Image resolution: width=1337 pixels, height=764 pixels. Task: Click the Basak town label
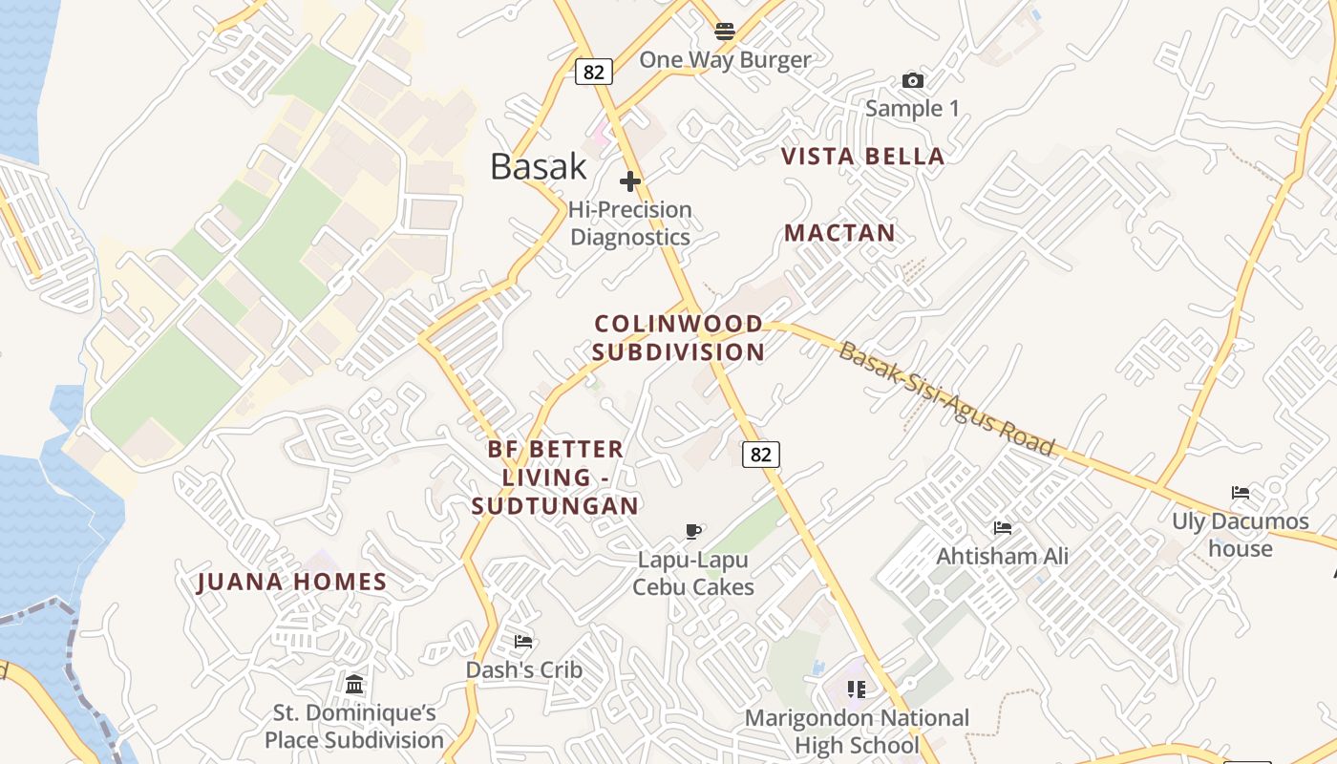point(539,166)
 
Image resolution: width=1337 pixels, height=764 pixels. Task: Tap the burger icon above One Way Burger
point(725,32)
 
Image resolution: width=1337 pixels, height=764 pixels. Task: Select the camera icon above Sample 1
point(913,81)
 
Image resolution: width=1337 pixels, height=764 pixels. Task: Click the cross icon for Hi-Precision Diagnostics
point(630,181)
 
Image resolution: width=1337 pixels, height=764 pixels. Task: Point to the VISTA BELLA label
point(863,157)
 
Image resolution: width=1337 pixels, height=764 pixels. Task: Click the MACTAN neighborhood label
point(840,233)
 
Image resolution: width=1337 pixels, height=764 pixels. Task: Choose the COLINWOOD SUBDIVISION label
point(678,338)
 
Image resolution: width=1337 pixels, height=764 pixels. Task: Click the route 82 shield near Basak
point(593,72)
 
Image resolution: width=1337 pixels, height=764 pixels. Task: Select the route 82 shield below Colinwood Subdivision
point(761,455)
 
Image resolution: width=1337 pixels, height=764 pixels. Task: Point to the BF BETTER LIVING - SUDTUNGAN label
point(555,477)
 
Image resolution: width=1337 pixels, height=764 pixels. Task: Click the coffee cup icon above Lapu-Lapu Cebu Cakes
point(693,532)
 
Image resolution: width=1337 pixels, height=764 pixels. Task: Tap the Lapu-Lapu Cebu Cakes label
point(693,573)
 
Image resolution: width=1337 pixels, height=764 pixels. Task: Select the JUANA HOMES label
point(292,582)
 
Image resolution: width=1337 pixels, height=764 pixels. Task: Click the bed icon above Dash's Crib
point(523,641)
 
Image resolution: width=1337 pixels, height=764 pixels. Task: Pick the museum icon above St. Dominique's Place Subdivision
point(354,684)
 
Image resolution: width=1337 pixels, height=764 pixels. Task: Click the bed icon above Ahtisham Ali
point(1003,527)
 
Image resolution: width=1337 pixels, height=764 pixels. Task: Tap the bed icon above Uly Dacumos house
point(1241,493)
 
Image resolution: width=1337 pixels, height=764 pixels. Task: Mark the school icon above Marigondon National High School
point(857,689)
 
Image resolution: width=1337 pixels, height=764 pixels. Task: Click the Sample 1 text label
point(912,109)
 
